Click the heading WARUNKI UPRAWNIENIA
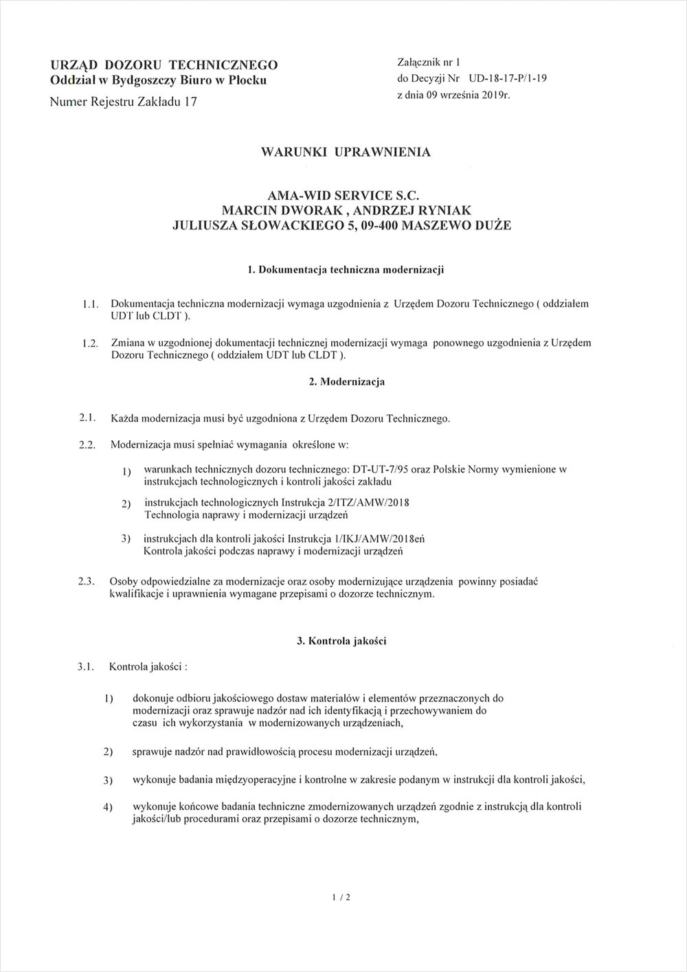point(346,152)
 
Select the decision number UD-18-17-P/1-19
point(508,78)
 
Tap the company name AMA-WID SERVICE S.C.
point(341,196)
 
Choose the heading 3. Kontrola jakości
point(341,641)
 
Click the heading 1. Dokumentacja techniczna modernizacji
point(346,269)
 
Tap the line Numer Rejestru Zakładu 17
point(124,102)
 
